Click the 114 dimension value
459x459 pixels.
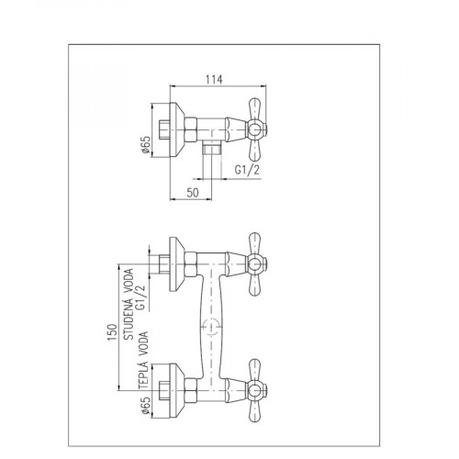pyautogui.click(x=214, y=79)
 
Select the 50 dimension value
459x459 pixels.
pyautogui.click(x=193, y=193)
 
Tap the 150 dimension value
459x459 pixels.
pyautogui.click(x=112, y=332)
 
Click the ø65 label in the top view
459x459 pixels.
pyautogui.click(x=146, y=144)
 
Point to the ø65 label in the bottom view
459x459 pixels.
pyautogui.click(x=146, y=406)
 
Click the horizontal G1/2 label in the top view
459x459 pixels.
pyautogui.click(x=247, y=170)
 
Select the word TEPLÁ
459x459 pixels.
pyautogui.click(x=143, y=375)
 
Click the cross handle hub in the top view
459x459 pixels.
pyautogui.click(x=254, y=130)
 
